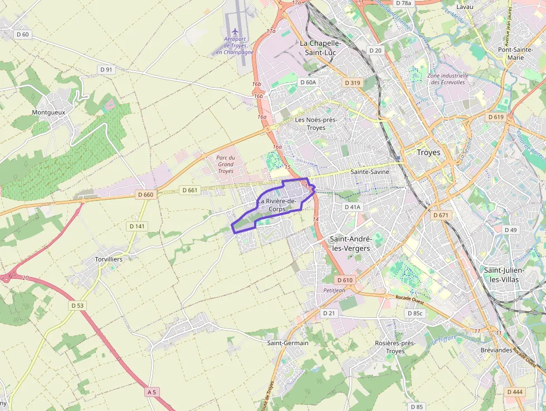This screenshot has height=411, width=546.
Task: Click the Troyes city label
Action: tap(428, 152)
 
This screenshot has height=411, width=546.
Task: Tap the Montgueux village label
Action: tap(48, 112)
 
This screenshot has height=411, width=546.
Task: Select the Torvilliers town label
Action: tap(108, 259)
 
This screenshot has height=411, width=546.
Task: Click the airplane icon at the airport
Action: tap(235, 31)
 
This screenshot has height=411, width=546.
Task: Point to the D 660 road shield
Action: tap(148, 195)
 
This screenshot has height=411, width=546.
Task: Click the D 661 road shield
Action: tap(190, 190)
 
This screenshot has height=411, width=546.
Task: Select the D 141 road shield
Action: tap(137, 226)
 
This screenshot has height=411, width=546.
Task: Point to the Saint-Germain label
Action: tap(287, 343)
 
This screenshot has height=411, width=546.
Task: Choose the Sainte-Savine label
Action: tap(369, 172)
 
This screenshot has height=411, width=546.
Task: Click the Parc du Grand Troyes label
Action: tap(226, 164)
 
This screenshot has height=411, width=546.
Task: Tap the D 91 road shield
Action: tap(105, 70)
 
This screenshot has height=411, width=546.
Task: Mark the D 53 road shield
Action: tap(77, 306)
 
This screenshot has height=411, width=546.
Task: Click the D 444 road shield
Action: tap(515, 392)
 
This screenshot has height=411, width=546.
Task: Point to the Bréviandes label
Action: tap(496, 350)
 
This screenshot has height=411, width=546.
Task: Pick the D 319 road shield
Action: tap(353, 83)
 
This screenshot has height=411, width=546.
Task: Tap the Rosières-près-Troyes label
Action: tap(395, 347)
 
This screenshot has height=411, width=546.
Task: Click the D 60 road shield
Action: tap(23, 35)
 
